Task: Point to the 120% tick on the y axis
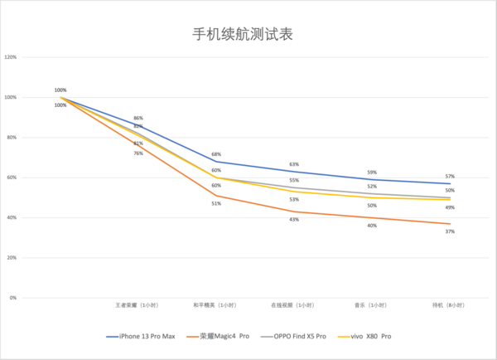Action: pos(11,58)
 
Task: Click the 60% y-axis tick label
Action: pos(12,178)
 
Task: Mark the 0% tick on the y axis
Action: pos(13,298)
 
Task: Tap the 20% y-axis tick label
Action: pos(12,258)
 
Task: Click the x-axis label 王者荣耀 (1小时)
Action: pos(138,305)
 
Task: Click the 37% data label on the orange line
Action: pos(450,231)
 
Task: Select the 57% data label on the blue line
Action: pos(450,176)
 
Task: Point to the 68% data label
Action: pos(215,154)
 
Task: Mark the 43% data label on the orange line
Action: pos(294,219)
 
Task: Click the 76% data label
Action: pos(138,153)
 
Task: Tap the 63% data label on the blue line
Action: pos(294,164)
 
